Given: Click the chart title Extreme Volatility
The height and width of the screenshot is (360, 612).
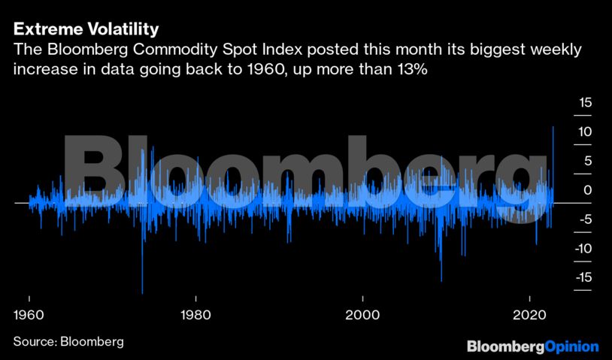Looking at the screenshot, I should pos(85,30).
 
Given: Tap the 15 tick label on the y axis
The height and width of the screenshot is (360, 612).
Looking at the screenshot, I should pos(584,103).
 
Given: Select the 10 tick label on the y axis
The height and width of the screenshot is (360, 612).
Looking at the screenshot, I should pos(584,132).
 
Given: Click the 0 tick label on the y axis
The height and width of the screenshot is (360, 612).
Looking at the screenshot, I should pos(587,190).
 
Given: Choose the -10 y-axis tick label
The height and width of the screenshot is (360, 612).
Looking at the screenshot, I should pos(582,249).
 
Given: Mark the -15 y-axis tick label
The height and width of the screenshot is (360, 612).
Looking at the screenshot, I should pos(582,278).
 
